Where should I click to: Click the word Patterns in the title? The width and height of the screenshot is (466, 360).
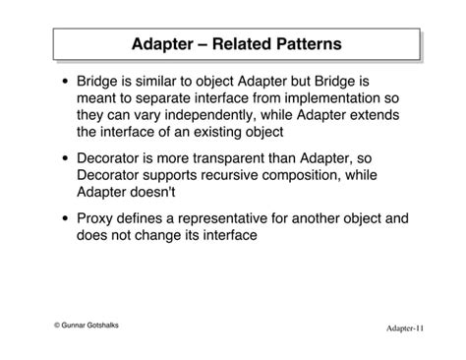[x=306, y=44]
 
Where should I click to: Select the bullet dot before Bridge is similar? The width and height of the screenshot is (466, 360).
[x=65, y=83]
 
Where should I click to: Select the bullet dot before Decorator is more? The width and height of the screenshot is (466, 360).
[x=65, y=158]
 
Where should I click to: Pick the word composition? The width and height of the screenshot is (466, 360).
[x=328, y=174]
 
